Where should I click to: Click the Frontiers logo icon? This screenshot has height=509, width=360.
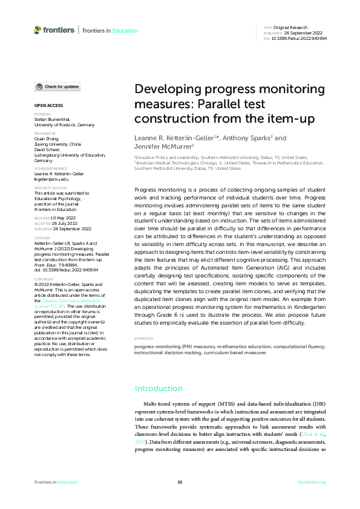(x=38, y=30)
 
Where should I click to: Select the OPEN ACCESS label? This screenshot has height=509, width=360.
(x=46, y=105)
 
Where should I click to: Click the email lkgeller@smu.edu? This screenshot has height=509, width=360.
(x=51, y=180)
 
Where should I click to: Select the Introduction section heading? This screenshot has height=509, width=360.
(x=159, y=389)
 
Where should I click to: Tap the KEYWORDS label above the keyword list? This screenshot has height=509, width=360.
(x=143, y=339)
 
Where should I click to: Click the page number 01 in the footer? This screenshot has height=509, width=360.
(x=180, y=482)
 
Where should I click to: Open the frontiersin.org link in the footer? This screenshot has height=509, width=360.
(x=312, y=482)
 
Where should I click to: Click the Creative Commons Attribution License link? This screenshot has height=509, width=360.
(x=59, y=303)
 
